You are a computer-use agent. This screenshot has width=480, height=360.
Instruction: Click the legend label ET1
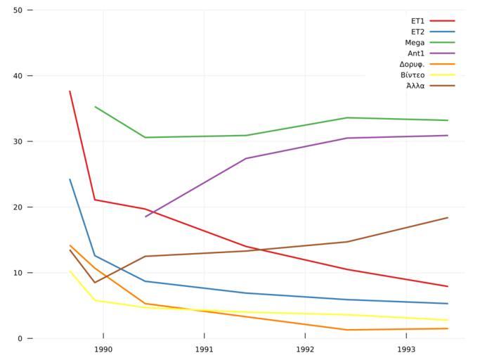coord(417,21)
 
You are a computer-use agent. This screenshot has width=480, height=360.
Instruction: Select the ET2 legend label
coord(417,32)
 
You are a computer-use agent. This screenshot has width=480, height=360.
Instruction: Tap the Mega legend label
coord(415,43)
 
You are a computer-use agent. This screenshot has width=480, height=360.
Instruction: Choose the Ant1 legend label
coord(416,53)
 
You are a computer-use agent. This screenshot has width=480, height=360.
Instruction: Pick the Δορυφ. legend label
coord(412,64)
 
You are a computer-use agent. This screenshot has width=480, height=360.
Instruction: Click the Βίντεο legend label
coord(413,75)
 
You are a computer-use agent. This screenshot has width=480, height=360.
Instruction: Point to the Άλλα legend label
coord(415,86)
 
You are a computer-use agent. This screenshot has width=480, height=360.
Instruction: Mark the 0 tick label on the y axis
coord(20,339)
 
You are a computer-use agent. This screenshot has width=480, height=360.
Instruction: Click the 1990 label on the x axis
coord(103,349)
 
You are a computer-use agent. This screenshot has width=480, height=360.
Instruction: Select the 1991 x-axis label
coord(204,349)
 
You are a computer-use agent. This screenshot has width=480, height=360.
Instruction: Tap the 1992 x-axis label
coord(305,349)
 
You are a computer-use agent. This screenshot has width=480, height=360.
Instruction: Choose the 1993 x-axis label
coord(406,349)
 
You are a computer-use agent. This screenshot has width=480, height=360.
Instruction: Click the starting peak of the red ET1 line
coord(70,91)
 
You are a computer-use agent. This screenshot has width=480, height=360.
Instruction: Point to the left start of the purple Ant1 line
coord(145,217)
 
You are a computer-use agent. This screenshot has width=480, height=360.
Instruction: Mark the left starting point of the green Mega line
coord(95,107)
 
